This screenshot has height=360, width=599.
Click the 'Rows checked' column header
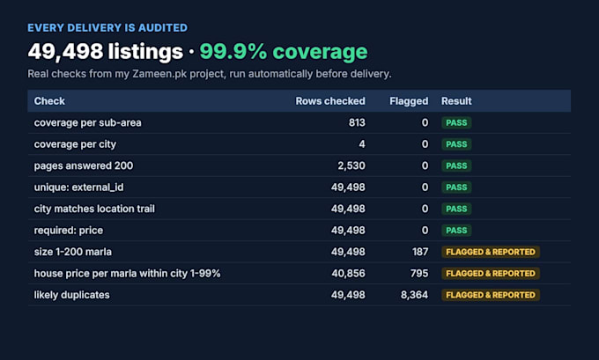pyautogui.click(x=330, y=101)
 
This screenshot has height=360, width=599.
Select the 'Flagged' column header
pyautogui.click(x=409, y=101)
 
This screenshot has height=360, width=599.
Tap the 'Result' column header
pyautogui.click(x=456, y=101)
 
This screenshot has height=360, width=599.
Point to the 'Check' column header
pyautogui.click(x=49, y=101)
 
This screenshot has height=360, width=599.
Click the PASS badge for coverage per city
pyautogui.click(x=456, y=144)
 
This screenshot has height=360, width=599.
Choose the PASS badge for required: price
pyautogui.click(x=456, y=231)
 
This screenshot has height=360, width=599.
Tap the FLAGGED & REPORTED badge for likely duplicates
pyautogui.click(x=491, y=295)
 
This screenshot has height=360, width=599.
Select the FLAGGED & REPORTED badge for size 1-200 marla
pyautogui.click(x=491, y=252)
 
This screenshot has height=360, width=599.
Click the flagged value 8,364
pyautogui.click(x=414, y=295)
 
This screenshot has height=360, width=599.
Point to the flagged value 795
pyautogui.click(x=419, y=274)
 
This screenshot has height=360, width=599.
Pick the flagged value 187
pyautogui.click(x=420, y=252)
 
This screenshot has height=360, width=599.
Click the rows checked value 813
pyautogui.click(x=357, y=122)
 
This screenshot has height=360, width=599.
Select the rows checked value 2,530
pyautogui.click(x=351, y=165)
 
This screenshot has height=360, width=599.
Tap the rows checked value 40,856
pyautogui.click(x=348, y=274)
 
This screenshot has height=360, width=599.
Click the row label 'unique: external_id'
pyautogui.click(x=78, y=187)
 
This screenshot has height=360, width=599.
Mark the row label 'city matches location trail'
pyautogui.click(x=94, y=209)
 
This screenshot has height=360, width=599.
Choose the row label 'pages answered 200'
pyautogui.click(x=84, y=165)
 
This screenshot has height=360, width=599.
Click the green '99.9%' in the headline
pyautogui.click(x=233, y=52)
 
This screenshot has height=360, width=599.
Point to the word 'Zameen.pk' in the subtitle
pyautogui.click(x=159, y=74)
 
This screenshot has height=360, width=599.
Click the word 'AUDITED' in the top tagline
pyautogui.click(x=163, y=28)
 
